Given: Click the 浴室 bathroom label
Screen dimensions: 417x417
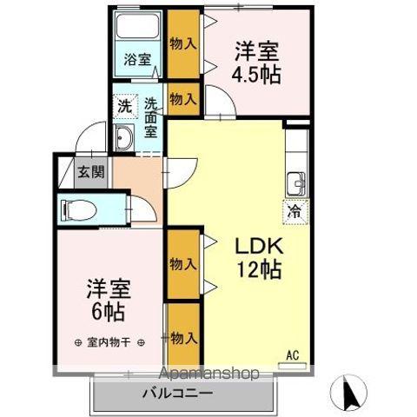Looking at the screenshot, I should (x=137, y=61).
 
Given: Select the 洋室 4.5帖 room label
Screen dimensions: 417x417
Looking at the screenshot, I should (x=255, y=63).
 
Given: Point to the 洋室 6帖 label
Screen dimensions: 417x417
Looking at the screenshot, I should (x=103, y=298).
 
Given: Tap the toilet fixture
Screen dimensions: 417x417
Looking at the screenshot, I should (x=83, y=209).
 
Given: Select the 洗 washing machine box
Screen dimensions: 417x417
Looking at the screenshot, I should (x=124, y=107).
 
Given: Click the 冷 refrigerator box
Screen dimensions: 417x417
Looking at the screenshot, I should (x=294, y=210).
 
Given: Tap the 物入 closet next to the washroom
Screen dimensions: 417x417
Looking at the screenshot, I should (x=182, y=99).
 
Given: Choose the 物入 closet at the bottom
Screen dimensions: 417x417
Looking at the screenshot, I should (x=183, y=336).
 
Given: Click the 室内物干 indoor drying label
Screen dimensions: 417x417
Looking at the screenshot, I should (x=108, y=342).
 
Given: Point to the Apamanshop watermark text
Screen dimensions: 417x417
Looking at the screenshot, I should (x=208, y=375).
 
